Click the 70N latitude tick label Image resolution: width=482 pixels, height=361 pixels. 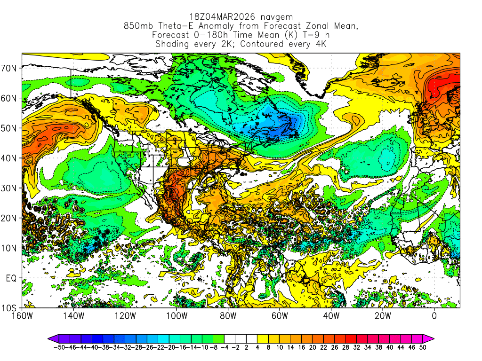tap(10, 68)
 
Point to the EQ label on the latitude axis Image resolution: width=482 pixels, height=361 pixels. tap(11, 278)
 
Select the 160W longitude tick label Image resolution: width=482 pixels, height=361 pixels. tap(22, 315)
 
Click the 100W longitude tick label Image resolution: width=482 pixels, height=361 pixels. tap(177, 315)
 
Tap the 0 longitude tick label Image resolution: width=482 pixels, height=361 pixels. tap(434, 315)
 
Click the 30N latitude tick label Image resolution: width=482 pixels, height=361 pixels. tap(10, 188)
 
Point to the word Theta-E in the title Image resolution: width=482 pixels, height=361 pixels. tap(177, 26)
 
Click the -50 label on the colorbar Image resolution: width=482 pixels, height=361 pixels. tap(59, 348)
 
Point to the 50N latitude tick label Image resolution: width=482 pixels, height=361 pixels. tap(10, 128)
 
